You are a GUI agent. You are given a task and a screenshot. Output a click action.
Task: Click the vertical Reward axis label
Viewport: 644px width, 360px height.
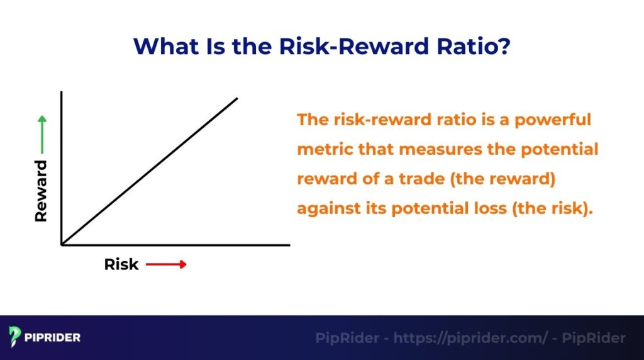tap(41, 191)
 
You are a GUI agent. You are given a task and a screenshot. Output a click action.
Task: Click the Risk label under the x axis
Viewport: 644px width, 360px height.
tap(121, 264)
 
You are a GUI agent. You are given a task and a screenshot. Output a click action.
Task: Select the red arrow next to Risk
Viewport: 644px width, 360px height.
tap(167, 264)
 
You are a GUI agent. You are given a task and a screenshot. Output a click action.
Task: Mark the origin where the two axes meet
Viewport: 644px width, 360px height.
tap(62, 244)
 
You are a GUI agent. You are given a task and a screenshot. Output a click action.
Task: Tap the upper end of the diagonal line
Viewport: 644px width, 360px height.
tap(237, 98)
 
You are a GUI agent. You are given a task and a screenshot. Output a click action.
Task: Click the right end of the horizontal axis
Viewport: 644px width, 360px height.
tap(289, 244)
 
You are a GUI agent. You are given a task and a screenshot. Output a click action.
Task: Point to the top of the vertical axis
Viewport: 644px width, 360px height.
tap(62, 92)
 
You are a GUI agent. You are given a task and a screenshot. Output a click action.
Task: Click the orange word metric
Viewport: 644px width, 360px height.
tap(321, 150)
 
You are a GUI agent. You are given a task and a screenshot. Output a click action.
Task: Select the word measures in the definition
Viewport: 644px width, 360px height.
tap(442, 150)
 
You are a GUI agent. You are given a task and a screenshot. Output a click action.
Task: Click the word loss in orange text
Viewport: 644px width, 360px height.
tap(492, 209)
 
